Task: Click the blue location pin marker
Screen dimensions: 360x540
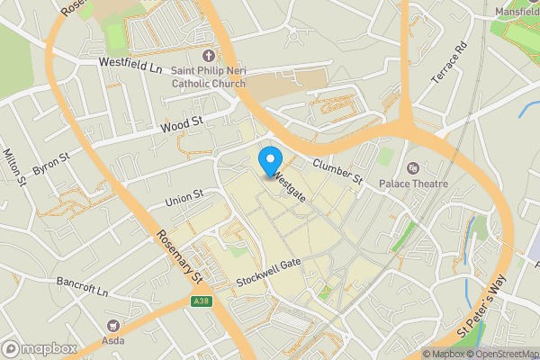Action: [x=269, y=162]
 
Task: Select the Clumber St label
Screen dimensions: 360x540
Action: [x=337, y=171]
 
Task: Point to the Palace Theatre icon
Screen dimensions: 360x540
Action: [x=413, y=167]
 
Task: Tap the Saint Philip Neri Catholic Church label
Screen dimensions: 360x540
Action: [x=208, y=78]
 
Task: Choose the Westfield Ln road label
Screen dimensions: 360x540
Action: [x=130, y=67]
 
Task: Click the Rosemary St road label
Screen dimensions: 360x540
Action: [x=178, y=259]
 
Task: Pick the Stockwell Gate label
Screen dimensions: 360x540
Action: [x=267, y=273]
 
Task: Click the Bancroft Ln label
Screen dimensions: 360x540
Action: [x=80, y=292]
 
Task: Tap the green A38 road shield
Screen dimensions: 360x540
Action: [x=202, y=302]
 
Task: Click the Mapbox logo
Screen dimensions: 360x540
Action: [x=39, y=347]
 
